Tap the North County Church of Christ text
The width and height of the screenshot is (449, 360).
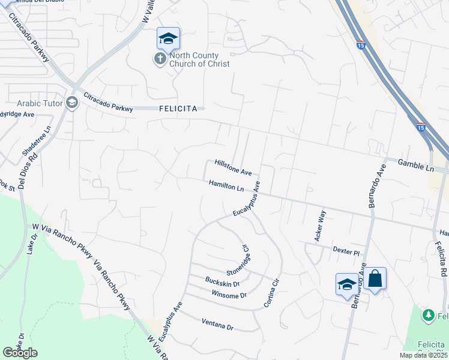(x=199, y=60)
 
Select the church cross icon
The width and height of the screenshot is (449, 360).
(x=160, y=59)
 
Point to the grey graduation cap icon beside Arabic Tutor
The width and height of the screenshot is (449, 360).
(x=72, y=103)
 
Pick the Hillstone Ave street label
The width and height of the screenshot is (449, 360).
(x=233, y=167)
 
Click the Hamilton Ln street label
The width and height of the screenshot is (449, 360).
(x=226, y=185)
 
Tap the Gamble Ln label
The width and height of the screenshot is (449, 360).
(x=416, y=165)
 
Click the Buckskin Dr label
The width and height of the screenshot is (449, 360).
(x=222, y=281)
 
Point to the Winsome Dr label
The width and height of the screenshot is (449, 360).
(x=229, y=295)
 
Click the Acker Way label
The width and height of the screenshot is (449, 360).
(x=320, y=226)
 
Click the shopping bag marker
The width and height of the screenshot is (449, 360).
(x=375, y=278)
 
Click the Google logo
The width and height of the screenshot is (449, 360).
(x=20, y=353)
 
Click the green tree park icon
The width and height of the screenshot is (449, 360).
(x=428, y=315)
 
